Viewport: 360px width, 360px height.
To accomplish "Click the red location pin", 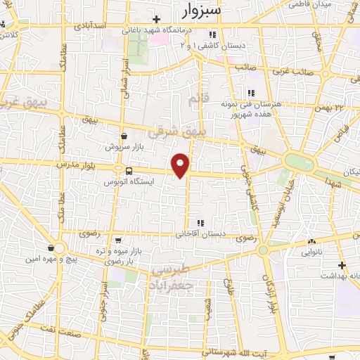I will tap(181, 165).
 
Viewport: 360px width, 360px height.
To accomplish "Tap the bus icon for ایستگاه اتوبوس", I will tap(128, 171).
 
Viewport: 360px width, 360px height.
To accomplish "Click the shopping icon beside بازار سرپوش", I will tap(124, 136).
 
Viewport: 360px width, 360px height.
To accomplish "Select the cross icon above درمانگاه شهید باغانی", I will tap(157, 19).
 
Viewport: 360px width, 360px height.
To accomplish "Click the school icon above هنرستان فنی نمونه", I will tap(250, 92).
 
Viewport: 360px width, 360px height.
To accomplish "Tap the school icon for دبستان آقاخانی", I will tap(200, 224).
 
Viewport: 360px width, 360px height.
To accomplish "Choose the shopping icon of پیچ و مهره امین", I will tap(52, 247).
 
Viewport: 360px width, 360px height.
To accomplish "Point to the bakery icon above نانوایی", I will tap(311, 242).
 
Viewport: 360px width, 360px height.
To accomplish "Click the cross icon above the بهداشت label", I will tap(342, 265).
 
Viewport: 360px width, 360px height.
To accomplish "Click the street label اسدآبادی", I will tap(88, 25).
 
